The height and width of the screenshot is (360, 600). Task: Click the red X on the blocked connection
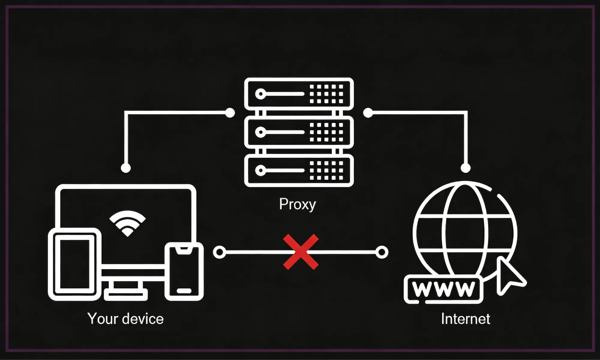tap(301, 252)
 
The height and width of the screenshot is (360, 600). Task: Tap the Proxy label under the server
tap(297, 204)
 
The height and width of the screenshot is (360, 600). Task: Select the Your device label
tap(125, 319)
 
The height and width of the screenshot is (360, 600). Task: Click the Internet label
tap(465, 319)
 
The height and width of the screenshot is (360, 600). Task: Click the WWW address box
tap(444, 289)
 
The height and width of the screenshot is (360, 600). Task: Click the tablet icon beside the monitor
tap(74, 264)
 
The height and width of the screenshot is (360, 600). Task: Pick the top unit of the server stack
tap(299, 94)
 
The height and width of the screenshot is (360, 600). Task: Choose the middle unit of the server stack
tap(299, 132)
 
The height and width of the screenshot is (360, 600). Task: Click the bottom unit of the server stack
tap(299, 170)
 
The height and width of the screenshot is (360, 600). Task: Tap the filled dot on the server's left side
tap(230, 113)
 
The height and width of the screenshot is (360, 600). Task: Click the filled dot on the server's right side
tap(368, 113)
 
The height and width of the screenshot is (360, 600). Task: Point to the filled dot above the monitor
tap(126, 168)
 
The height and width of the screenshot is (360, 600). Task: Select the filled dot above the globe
tap(466, 168)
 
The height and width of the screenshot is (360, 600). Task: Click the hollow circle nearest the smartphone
tap(219, 252)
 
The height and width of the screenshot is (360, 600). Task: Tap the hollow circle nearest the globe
tap(382, 252)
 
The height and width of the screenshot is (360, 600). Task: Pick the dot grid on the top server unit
tap(326, 94)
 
